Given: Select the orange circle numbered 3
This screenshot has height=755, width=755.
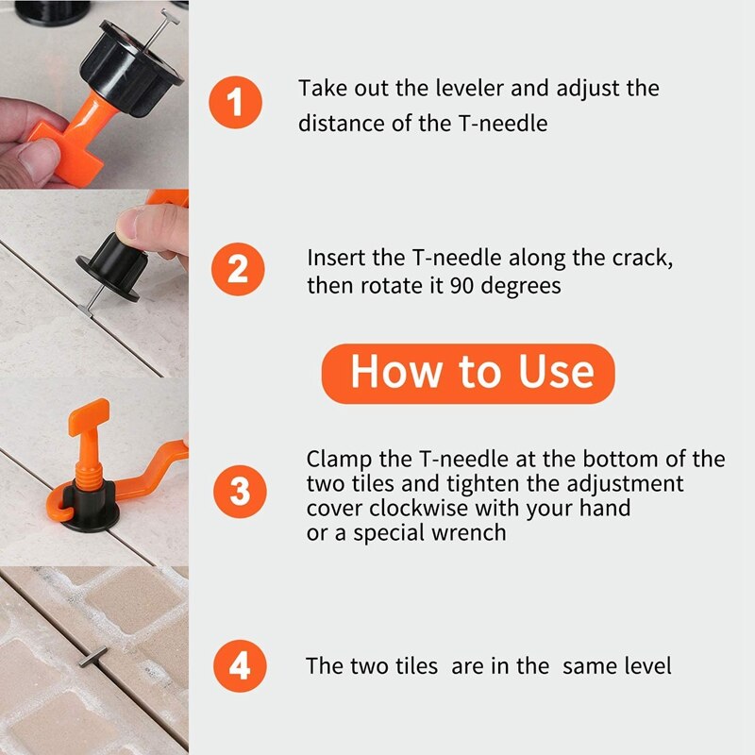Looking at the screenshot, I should coord(240,492).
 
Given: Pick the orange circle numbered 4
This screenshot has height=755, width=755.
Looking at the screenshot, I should coord(240,665).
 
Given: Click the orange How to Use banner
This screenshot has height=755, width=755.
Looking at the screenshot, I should coord(468,373).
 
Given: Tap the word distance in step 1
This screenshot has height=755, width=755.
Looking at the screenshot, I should coord(341,123).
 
